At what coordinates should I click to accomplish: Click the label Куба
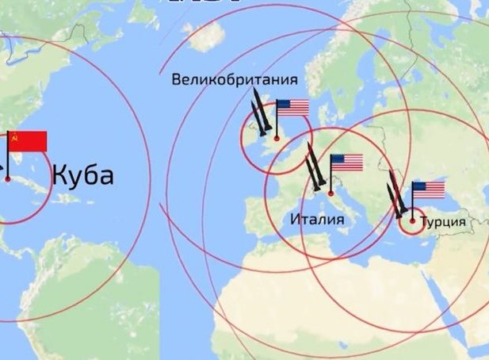pyautogui.click(x=83, y=175)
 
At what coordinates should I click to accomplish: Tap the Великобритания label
pyautogui.click(x=235, y=80)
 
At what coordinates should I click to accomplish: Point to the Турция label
pyautogui.click(x=441, y=221)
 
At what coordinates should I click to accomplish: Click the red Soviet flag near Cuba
pyautogui.click(x=28, y=141)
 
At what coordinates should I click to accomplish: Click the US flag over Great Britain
pyautogui.click(x=292, y=108)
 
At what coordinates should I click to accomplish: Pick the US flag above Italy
pyautogui.click(x=346, y=163)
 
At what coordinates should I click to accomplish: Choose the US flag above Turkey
pyautogui.click(x=429, y=190)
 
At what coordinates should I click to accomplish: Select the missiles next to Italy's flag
pyautogui.click(x=315, y=169)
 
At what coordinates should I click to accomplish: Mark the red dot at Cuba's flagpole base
pyautogui.click(x=8, y=179)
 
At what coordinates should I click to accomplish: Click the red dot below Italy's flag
pyautogui.click(x=330, y=193)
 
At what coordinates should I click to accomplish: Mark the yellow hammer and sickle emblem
pyautogui.click(x=14, y=137)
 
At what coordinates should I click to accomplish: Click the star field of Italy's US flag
pyautogui.click(x=337, y=159)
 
